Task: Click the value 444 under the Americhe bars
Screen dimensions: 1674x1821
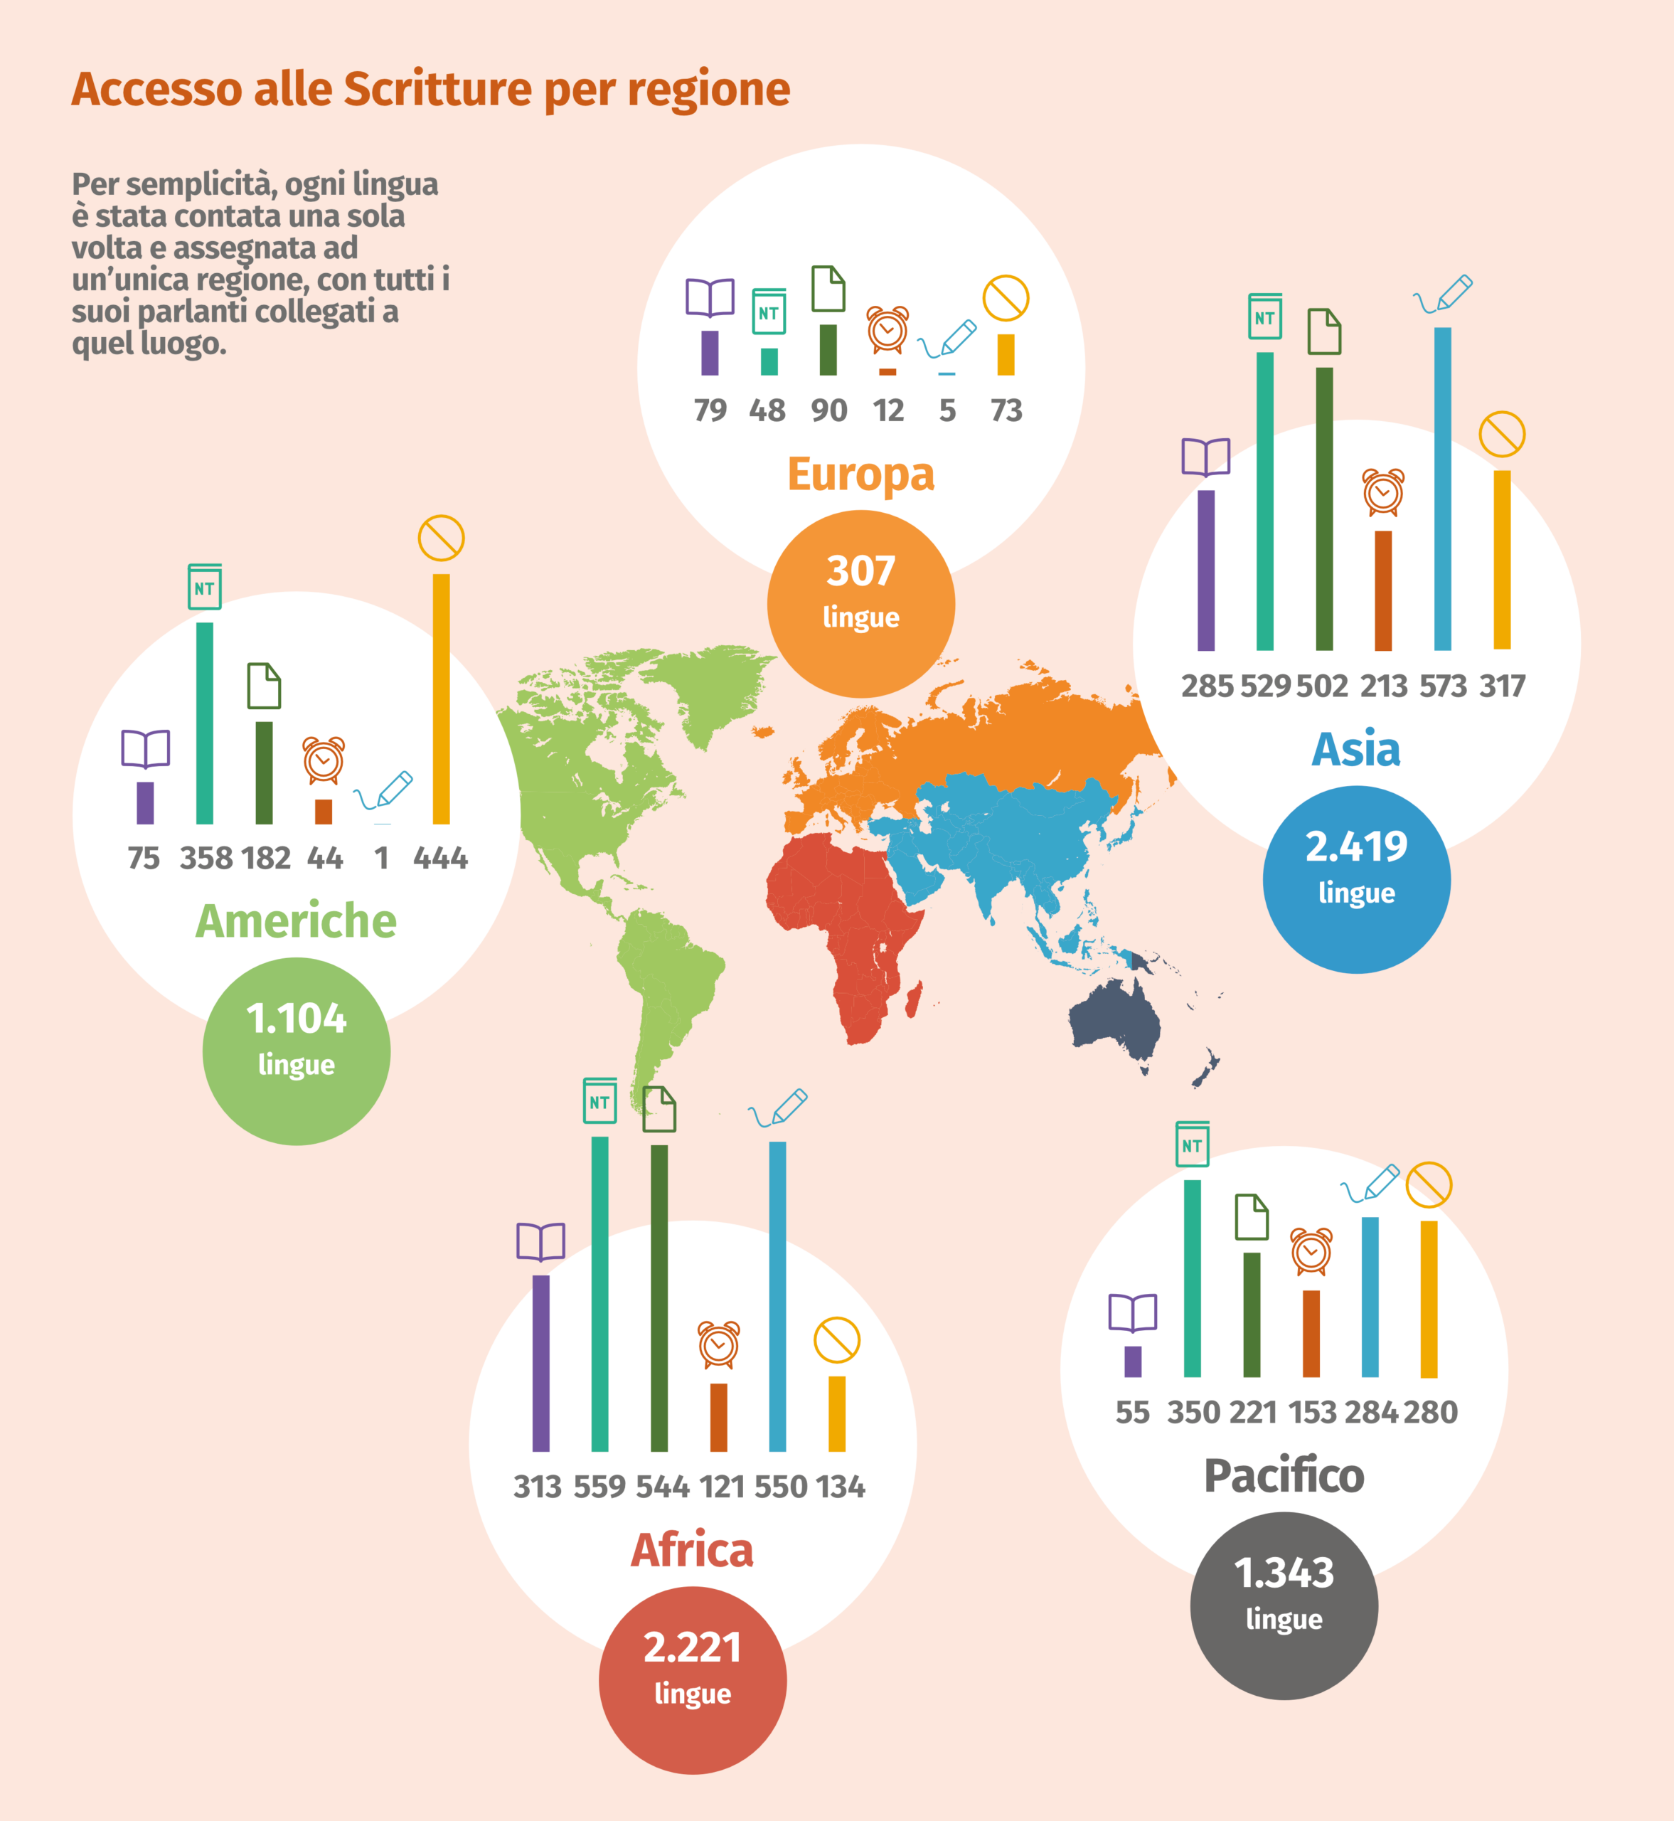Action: [440, 858]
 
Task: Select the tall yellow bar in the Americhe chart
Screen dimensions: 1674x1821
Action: [441, 699]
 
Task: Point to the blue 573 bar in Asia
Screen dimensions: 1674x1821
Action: [1442, 488]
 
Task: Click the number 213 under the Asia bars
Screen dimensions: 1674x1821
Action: [1383, 686]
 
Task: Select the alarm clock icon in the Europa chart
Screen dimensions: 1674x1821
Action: [887, 330]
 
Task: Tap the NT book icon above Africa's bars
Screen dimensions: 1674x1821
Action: [599, 1100]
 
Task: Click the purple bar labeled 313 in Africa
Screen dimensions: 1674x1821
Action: [540, 1364]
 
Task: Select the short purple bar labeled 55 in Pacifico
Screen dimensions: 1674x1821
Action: [1132, 1361]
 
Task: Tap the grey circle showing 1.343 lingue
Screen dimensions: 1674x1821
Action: [1284, 1606]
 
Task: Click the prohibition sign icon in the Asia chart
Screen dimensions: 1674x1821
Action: [1502, 435]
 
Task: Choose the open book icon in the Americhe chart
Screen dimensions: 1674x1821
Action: [146, 749]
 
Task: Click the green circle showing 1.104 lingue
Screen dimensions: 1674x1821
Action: [297, 1051]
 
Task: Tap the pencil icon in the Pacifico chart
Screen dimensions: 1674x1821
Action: [1370, 1183]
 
